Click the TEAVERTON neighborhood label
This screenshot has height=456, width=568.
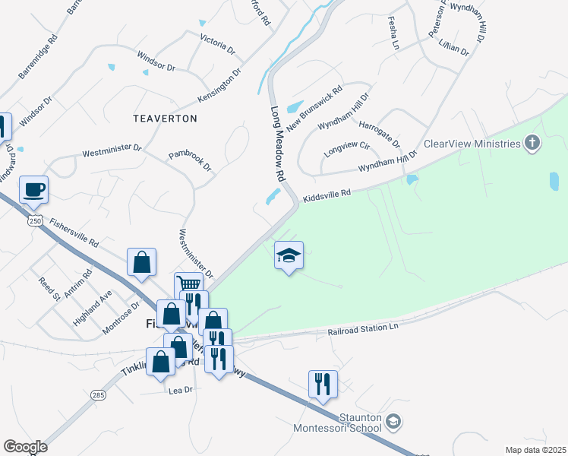(165, 119)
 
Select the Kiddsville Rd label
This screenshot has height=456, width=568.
(327, 195)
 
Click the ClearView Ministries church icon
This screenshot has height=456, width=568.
(533, 143)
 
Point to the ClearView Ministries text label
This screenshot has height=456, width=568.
(472, 144)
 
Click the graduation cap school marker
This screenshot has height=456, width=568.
(289, 255)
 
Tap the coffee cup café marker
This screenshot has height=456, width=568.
(34, 189)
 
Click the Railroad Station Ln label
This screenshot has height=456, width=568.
(363, 328)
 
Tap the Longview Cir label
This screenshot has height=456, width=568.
(346, 148)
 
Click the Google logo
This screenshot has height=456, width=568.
(25, 447)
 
